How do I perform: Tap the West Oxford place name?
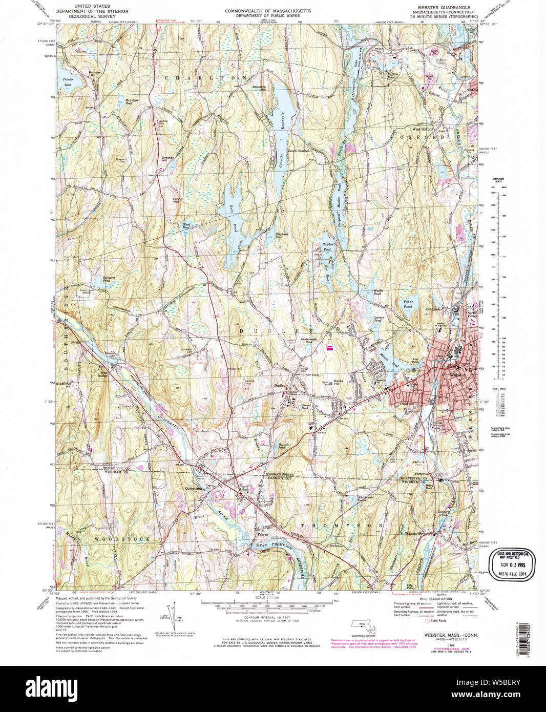pyautogui.click(x=423, y=129)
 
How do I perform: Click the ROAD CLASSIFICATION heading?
pyautogui.click(x=435, y=598)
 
